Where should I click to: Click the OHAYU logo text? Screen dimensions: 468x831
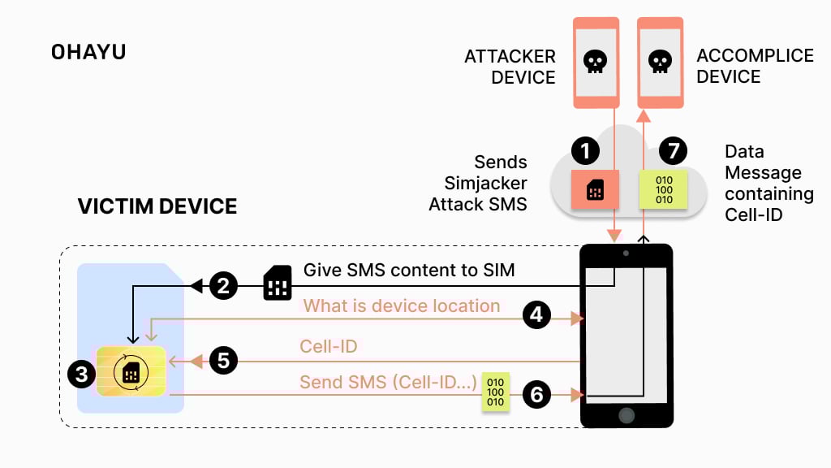coord(88,53)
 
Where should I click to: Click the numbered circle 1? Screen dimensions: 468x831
coord(585,150)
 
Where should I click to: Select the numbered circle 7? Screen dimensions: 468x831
coord(673,150)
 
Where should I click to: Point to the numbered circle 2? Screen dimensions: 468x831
coord(223,286)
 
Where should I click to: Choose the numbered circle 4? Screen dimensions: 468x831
coord(536,315)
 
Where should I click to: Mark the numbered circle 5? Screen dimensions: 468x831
coord(223,359)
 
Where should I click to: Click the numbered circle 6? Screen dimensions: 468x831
coord(536,395)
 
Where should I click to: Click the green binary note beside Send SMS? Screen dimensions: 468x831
coord(495,392)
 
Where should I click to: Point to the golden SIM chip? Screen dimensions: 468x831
coord(130,372)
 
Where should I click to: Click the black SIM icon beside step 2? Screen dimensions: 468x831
coord(278,284)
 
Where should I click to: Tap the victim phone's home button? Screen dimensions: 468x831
coord(626,414)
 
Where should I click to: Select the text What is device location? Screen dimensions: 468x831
coord(402,306)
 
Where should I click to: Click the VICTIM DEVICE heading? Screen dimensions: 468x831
coord(157,206)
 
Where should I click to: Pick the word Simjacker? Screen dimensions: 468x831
coord(485,183)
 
